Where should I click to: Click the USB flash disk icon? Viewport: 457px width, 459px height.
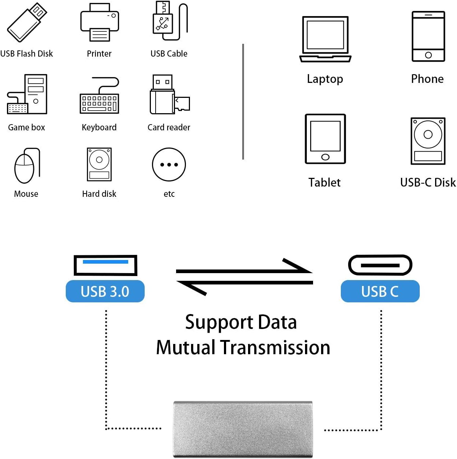pyautogui.click(x=27, y=22)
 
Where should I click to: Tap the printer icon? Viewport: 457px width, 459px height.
pyautogui.click(x=99, y=22)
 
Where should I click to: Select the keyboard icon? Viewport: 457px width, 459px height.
pyautogui.click(x=99, y=95)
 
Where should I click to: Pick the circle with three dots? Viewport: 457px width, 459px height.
pyautogui.click(x=169, y=164)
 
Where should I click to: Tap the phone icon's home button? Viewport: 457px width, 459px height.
pyautogui.click(x=428, y=55)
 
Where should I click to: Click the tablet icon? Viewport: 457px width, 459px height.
pyautogui.click(x=325, y=139)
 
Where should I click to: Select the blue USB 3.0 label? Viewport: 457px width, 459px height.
pyautogui.click(x=105, y=291)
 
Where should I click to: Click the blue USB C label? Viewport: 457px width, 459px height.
pyautogui.click(x=380, y=291)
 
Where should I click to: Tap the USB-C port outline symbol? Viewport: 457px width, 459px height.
pyautogui.click(x=380, y=265)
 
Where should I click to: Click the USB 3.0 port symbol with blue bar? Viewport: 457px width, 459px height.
pyautogui.click(x=105, y=265)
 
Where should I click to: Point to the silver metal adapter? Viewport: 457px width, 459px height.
pyautogui.click(x=243, y=429)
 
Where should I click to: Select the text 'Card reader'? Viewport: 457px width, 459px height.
pyautogui.click(x=169, y=127)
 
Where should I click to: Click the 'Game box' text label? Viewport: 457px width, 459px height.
pyautogui.click(x=26, y=127)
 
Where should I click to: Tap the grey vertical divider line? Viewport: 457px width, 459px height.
pyautogui.click(x=243, y=102)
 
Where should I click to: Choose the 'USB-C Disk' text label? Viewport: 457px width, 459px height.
pyautogui.click(x=428, y=183)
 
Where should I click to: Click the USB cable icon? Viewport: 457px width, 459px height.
pyautogui.click(x=170, y=21)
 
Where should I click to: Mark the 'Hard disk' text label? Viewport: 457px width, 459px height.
pyautogui.click(x=99, y=194)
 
